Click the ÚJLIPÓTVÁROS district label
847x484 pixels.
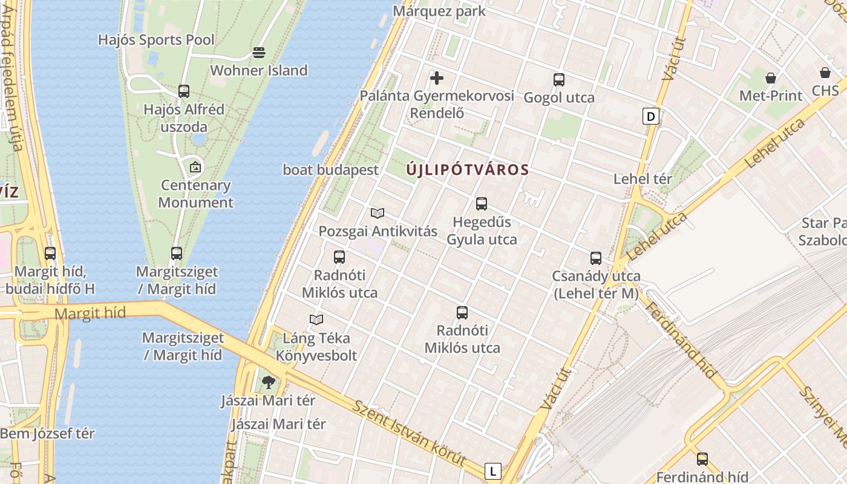click(x=468, y=170)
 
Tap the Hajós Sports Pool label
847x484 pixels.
click(x=156, y=40)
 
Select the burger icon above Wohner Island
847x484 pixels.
click(x=259, y=53)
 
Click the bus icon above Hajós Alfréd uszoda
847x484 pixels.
click(x=184, y=91)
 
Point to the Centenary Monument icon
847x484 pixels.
click(x=195, y=166)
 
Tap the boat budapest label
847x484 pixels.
click(x=330, y=170)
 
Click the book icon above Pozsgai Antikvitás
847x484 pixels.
click(x=378, y=213)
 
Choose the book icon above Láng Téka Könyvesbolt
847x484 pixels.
click(x=316, y=319)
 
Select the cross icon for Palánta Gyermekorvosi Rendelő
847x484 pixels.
click(x=437, y=77)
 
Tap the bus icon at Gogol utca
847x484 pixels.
click(x=559, y=79)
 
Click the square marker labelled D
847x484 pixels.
click(x=651, y=116)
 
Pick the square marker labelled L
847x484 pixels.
click(x=494, y=471)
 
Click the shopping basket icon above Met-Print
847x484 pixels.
click(x=771, y=77)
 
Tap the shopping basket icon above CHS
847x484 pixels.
click(x=825, y=73)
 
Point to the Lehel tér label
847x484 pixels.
click(x=643, y=179)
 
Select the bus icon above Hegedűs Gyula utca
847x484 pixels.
click(x=482, y=204)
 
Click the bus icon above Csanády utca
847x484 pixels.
click(x=596, y=258)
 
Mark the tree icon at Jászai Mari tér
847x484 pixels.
click(x=269, y=382)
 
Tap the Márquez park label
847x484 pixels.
click(x=439, y=11)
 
